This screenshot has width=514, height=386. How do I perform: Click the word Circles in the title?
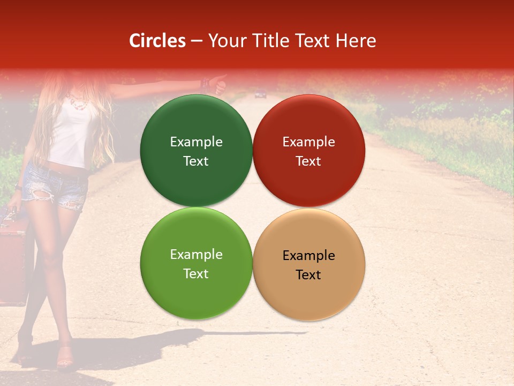[157, 41]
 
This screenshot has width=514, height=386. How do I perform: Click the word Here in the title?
[357, 41]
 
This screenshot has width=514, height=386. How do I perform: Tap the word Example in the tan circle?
[308, 255]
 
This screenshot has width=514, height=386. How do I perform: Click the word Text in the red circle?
[308, 161]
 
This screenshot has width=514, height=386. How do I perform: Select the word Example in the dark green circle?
[196, 142]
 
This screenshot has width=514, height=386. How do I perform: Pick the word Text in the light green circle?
[196, 273]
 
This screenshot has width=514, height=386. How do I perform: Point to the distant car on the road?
[260, 95]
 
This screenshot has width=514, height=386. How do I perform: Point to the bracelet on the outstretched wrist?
[205, 84]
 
